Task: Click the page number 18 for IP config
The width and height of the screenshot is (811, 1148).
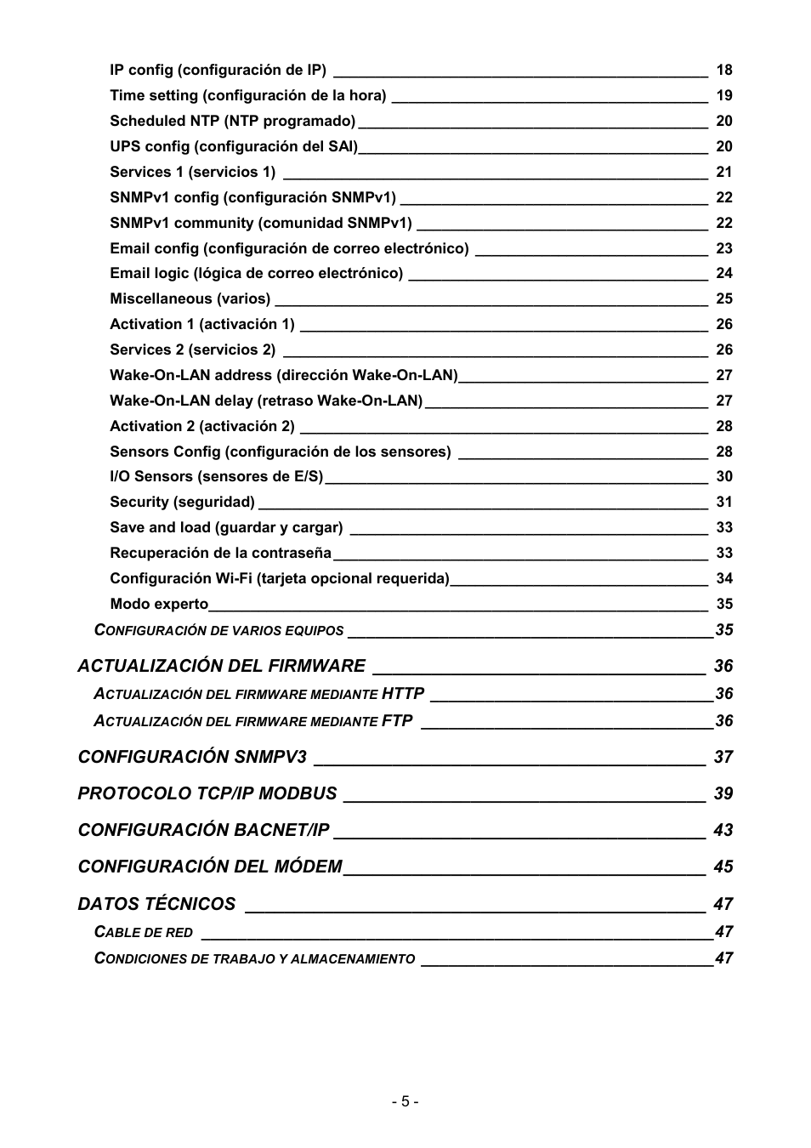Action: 723,70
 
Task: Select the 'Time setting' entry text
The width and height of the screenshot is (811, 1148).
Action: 247,95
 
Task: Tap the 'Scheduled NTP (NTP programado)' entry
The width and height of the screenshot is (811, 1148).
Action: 232,121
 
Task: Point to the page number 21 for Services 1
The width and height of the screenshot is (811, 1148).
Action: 723,172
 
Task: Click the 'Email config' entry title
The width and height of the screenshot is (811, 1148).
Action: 289,248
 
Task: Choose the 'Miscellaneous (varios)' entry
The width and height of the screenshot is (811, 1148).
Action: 190,298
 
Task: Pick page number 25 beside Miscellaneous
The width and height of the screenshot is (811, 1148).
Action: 723,298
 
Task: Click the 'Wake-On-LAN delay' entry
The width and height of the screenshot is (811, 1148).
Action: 265,401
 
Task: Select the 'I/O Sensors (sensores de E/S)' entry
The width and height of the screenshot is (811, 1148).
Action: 216,476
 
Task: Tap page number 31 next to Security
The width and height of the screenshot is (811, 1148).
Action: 723,502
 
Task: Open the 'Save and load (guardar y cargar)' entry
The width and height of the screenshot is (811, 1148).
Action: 226,527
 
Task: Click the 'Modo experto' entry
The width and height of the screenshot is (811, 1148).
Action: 159,604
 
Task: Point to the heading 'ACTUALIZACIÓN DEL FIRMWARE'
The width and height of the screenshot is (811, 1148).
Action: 221,666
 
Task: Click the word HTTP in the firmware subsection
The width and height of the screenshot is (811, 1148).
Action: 402,694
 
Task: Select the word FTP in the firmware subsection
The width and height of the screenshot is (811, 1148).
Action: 397,721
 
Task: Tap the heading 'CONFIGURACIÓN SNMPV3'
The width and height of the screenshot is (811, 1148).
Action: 192,757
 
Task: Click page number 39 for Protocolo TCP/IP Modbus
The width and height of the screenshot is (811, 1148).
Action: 723,793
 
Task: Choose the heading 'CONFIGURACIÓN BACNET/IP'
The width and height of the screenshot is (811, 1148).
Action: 203,830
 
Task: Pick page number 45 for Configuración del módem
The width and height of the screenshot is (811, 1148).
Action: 723,867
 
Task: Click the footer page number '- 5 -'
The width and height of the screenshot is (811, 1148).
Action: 405,1101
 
